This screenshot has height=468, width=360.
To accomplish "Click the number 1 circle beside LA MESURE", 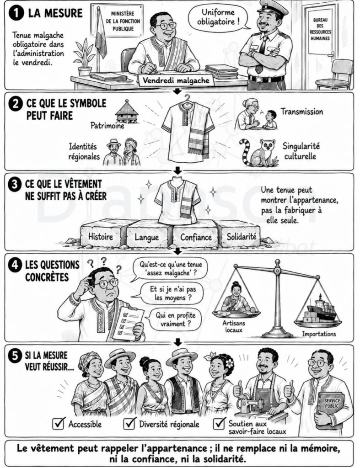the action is pyautogui.click(x=16, y=13).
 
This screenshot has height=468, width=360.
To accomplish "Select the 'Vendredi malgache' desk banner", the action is pyautogui.click(x=176, y=80).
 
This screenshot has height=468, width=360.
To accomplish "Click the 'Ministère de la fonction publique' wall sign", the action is pyautogui.click(x=123, y=21).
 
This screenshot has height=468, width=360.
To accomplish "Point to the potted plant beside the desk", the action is pyautogui.click(x=85, y=57).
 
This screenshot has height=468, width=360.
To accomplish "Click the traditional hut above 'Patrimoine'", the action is pyautogui.click(x=127, y=111).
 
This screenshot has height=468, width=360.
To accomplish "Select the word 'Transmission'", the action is pyautogui.click(x=302, y=112).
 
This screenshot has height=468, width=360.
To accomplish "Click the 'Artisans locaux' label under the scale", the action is pyautogui.click(x=234, y=326).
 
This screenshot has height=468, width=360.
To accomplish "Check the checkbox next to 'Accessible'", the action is pyautogui.click(x=59, y=423).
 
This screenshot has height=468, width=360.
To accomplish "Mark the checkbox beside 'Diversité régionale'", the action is pyautogui.click(x=129, y=423).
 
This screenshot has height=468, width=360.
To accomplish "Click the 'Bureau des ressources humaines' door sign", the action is pyautogui.click(x=320, y=29).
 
